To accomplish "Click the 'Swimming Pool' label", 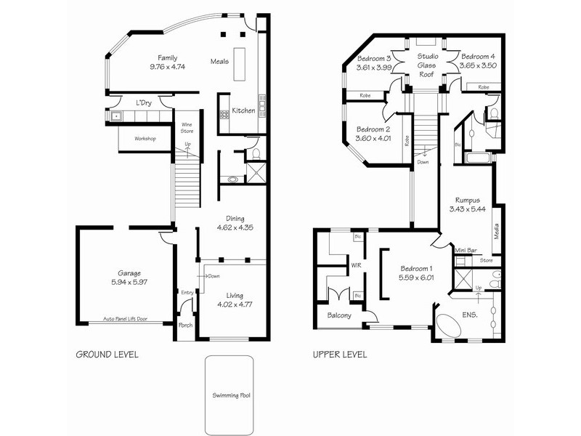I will tap(229, 396).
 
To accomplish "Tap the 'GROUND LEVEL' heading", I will tap(107, 355).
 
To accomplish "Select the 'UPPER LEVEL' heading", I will tap(339, 355).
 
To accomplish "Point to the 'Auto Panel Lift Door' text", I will tap(125, 319).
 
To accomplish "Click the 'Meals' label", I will tap(219, 61).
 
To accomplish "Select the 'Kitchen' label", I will tap(243, 110).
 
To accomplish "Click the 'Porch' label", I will tap(186, 325).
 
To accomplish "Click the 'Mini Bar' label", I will tap(466, 251).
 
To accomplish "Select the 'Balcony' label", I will tap(339, 315).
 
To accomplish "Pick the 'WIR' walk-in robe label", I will tap(356, 266).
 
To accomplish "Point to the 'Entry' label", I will tap(187, 292).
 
